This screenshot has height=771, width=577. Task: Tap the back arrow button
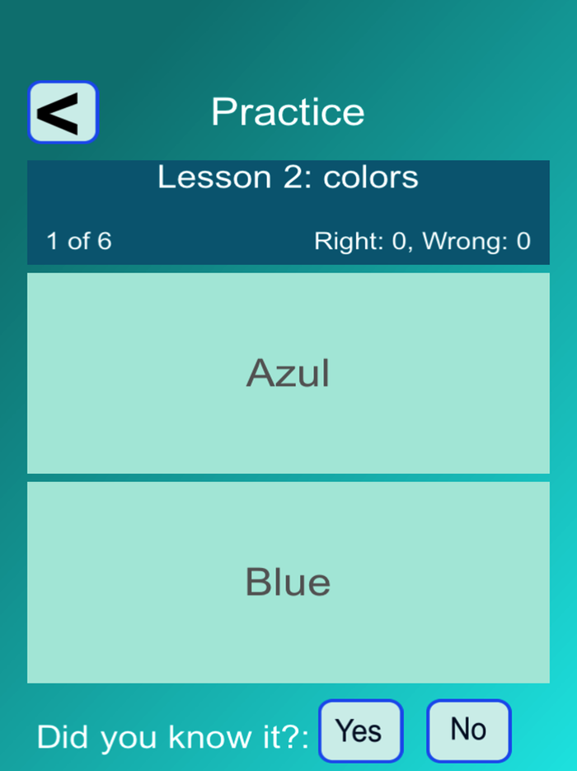(x=63, y=112)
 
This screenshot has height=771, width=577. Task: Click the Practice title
(x=288, y=112)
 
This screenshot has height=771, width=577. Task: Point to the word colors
(x=371, y=177)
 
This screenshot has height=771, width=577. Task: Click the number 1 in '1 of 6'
(x=53, y=241)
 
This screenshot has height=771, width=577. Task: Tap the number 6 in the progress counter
(x=104, y=241)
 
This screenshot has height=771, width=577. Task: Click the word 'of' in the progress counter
(x=78, y=241)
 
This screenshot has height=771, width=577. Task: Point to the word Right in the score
(x=338, y=241)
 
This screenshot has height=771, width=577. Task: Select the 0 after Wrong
(x=523, y=241)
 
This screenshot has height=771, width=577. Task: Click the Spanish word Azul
(x=288, y=374)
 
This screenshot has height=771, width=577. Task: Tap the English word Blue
(x=288, y=583)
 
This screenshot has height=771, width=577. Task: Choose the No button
(x=468, y=730)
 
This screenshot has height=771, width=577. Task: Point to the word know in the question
(x=195, y=736)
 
